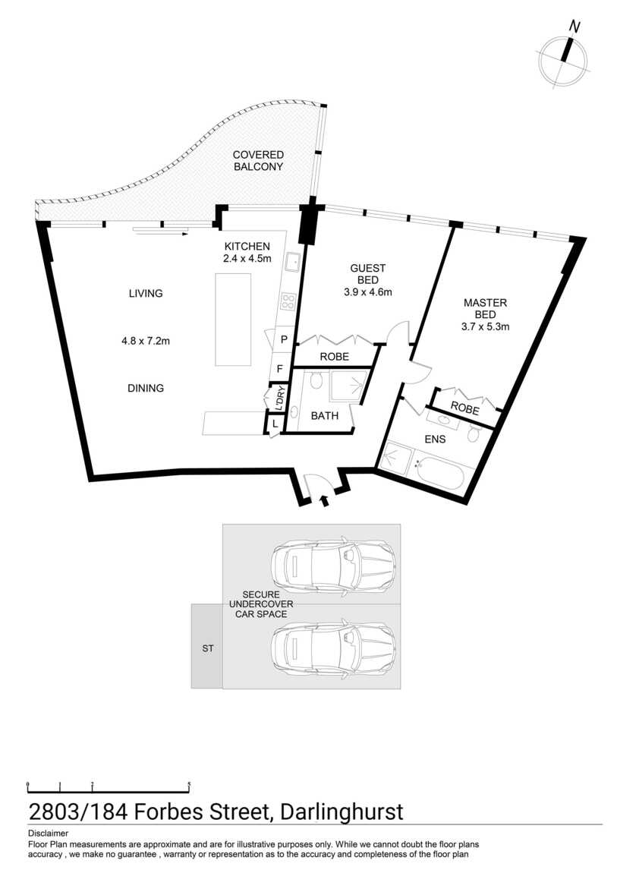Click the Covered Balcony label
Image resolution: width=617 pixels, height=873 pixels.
pos(258,160)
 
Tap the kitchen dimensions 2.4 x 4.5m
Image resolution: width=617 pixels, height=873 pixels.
pos(247,258)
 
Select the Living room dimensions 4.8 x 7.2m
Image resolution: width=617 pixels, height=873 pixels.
pos(146,341)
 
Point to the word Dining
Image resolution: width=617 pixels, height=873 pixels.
pos(146,388)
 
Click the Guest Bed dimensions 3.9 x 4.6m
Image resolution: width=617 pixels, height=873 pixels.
pos(368,292)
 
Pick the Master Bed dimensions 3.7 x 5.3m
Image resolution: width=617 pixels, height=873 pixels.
pos(485,327)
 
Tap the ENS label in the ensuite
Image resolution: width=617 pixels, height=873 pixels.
pos(435,440)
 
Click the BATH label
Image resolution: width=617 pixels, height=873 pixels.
pos(324,415)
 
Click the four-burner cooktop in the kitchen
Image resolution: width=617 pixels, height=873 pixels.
pos(288,302)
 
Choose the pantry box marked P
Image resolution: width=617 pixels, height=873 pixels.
pos(283,339)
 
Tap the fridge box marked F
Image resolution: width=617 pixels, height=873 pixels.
pos(279,369)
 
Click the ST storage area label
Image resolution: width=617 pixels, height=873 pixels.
pos(207,648)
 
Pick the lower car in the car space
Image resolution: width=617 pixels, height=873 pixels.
pos(334,648)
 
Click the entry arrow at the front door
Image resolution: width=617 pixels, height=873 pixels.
pos(325,501)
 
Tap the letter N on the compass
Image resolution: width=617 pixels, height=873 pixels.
pos(575,26)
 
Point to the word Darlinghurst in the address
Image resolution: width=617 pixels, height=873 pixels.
pos(342,812)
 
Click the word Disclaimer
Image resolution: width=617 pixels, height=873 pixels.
pos(48,834)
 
